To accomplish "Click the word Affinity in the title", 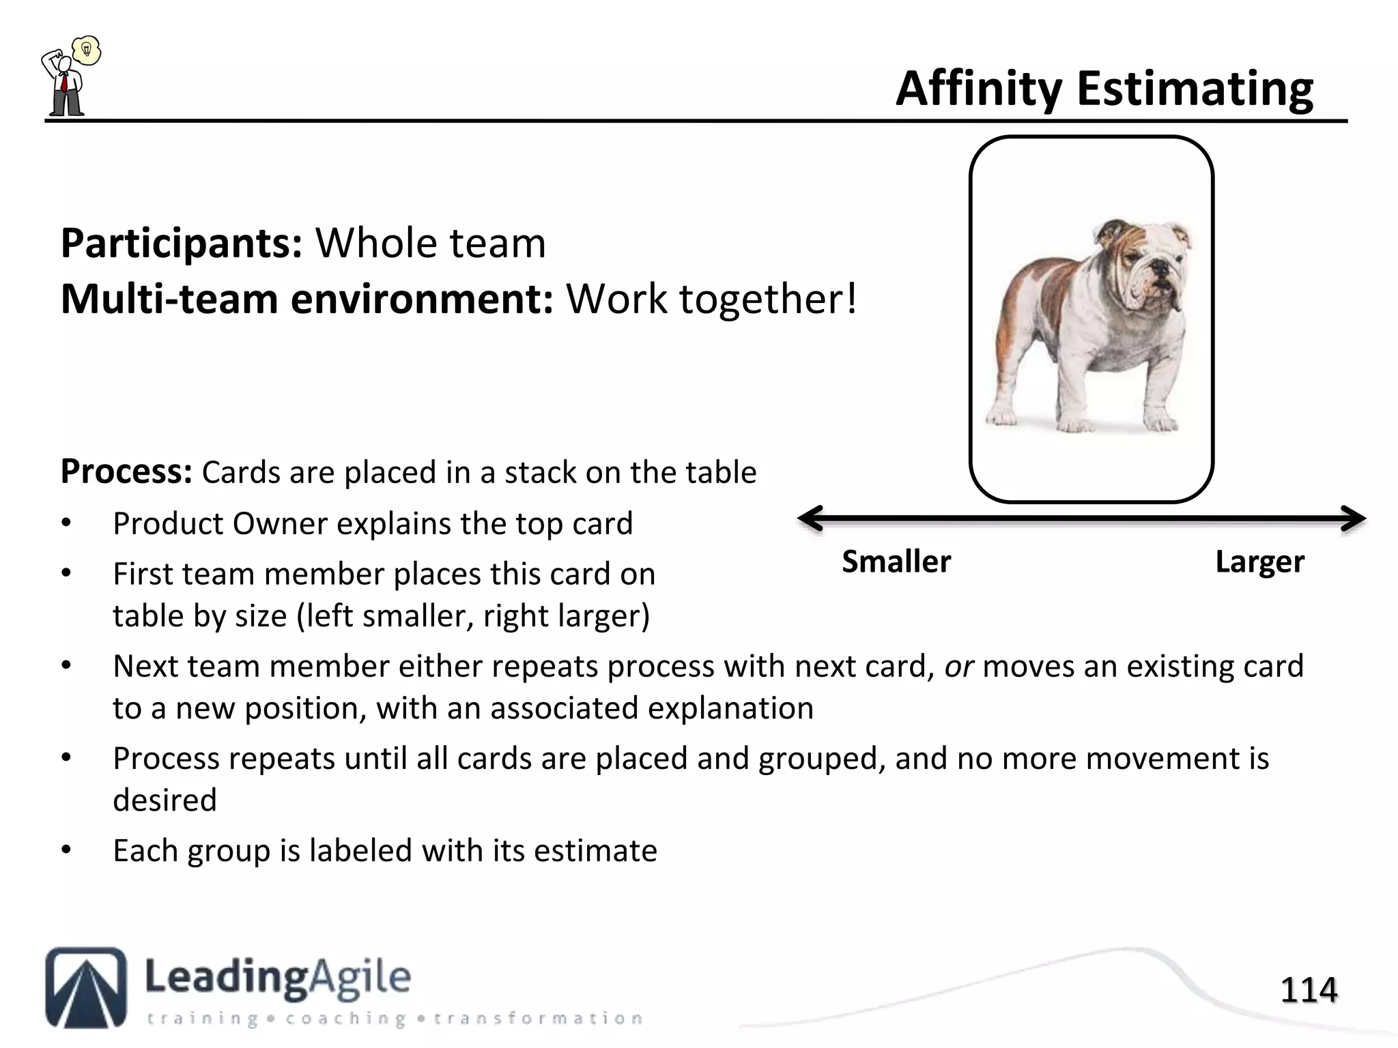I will (x=979, y=90).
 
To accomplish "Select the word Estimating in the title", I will (x=1195, y=90).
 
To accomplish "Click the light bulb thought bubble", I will (x=87, y=50).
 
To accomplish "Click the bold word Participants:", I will (x=182, y=244).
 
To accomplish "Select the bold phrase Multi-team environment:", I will (x=306, y=300).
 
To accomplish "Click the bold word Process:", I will (x=126, y=471).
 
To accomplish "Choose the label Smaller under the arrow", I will (x=896, y=562).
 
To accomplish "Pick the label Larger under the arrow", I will (x=1259, y=562).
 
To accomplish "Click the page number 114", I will (x=1308, y=990).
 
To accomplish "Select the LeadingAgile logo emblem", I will (x=86, y=987).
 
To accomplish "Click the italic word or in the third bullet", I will (x=958, y=667).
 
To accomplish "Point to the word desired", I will (x=165, y=800).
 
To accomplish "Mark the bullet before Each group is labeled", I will (x=66, y=850).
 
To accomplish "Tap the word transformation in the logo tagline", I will (x=538, y=1019).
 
